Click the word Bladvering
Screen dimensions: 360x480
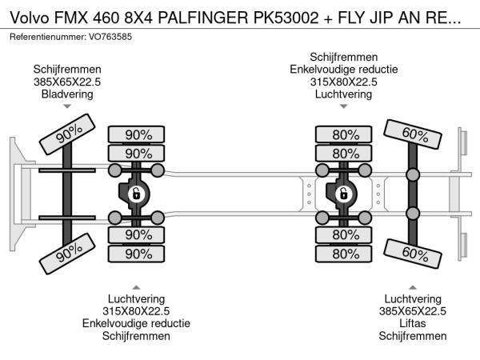[x=67, y=94]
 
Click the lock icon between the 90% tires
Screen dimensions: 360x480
[x=137, y=193]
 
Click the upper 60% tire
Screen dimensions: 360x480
[x=413, y=134]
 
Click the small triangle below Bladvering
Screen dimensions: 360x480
[x=67, y=107]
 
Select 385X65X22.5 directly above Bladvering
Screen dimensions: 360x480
[x=67, y=82]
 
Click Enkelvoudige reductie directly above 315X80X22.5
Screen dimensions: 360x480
[x=344, y=69]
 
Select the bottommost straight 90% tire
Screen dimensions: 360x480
[x=137, y=254]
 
